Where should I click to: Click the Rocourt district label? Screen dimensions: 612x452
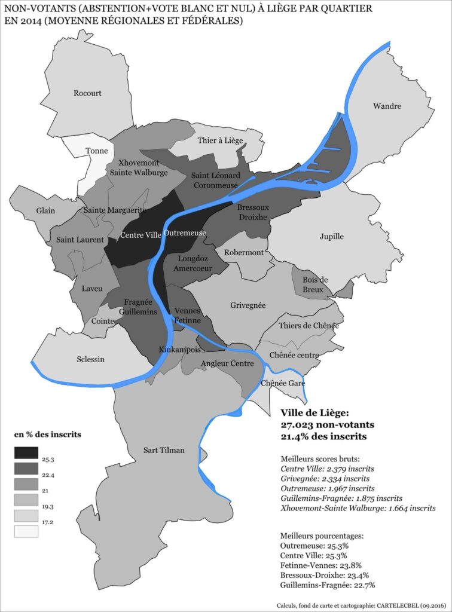(x=87, y=93)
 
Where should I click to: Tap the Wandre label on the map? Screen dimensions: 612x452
(x=387, y=106)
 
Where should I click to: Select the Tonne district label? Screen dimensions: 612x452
(x=97, y=151)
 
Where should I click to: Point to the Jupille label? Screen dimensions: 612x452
(x=331, y=236)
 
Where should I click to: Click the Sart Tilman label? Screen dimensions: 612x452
(x=164, y=450)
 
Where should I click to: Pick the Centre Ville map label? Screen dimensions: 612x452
(x=141, y=235)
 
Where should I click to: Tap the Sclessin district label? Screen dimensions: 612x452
(x=90, y=359)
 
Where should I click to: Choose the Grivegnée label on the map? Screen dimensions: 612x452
(x=248, y=305)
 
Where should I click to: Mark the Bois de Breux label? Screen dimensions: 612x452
(x=316, y=284)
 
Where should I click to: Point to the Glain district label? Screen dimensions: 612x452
(x=45, y=211)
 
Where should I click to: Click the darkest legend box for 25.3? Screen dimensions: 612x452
(x=26, y=454)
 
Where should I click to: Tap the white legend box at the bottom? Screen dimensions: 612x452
(x=26, y=531)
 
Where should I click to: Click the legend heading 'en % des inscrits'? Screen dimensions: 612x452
(x=47, y=433)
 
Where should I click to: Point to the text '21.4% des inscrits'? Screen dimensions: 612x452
(x=323, y=437)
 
